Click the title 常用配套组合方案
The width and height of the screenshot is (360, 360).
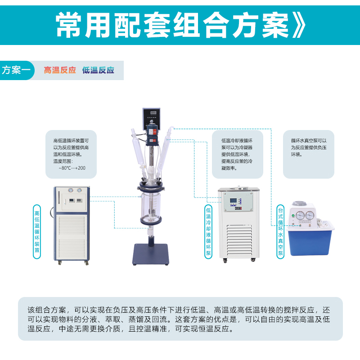(x=172, y=25)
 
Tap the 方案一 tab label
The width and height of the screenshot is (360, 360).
(x=16, y=70)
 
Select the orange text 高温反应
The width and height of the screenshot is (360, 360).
(x=60, y=70)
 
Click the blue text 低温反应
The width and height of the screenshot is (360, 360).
(x=98, y=70)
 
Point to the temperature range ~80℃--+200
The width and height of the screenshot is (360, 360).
(x=72, y=168)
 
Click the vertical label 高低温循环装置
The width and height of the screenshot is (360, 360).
(x=37, y=232)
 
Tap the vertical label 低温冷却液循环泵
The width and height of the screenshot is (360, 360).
(x=208, y=232)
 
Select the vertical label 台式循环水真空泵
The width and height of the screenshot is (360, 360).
(x=280, y=232)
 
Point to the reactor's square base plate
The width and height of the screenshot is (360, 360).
(x=151, y=254)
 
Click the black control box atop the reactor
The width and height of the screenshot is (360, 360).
(x=151, y=118)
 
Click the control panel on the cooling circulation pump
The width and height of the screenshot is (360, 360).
(x=238, y=202)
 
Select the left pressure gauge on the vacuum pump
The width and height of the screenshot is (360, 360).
(x=300, y=216)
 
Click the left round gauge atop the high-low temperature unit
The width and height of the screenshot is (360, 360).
(x=71, y=190)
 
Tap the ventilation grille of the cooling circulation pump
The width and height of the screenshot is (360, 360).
(x=239, y=240)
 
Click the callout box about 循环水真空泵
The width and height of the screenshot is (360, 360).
(x=308, y=154)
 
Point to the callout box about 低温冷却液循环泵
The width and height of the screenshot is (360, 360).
(x=238, y=154)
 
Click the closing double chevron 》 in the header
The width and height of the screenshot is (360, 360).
(x=298, y=25)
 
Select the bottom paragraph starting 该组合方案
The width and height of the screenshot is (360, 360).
(x=179, y=319)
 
